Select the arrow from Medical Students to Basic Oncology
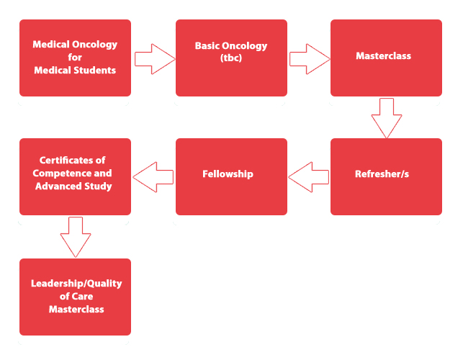coord(153,58)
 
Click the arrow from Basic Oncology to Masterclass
coord(309,58)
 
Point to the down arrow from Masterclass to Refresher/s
coord(387,117)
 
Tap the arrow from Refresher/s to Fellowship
coord(309,176)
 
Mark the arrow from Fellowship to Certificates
coord(153,176)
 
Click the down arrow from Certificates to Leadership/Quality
coord(76,236)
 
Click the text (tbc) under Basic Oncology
coord(231,58)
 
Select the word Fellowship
coord(228,174)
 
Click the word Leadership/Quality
coord(76,284)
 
